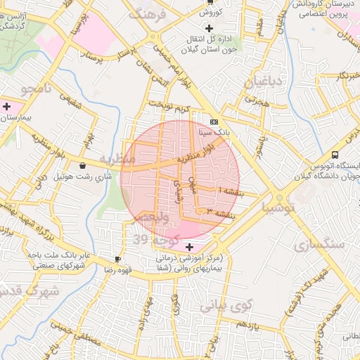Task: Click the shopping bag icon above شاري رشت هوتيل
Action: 84,166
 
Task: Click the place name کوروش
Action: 210,12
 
